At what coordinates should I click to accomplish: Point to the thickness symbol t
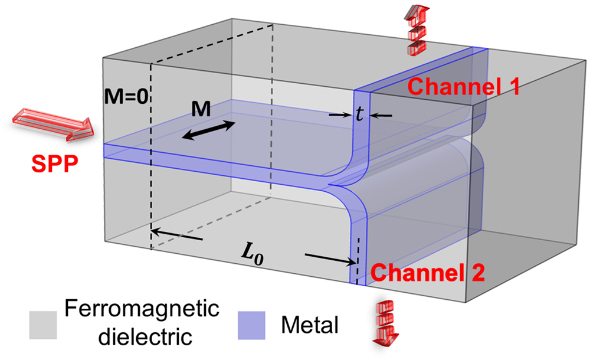click(359, 115)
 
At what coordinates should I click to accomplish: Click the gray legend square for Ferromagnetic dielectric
click(43, 323)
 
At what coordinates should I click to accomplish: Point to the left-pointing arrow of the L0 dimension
click(177, 235)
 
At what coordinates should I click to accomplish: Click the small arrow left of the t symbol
click(340, 115)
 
